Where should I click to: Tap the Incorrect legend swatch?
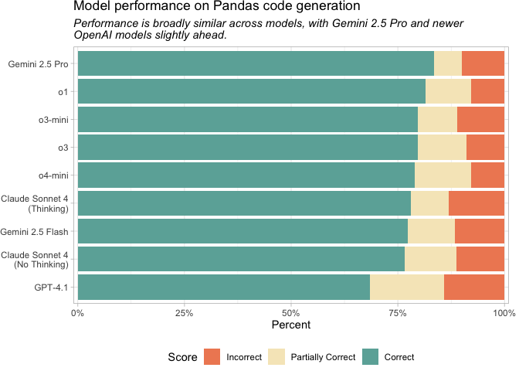tap(212, 356)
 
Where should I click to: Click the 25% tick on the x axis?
tap(184, 312)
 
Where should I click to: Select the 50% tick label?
tap(290, 312)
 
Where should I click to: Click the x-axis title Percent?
tap(290, 325)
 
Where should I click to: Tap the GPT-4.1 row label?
tap(53, 287)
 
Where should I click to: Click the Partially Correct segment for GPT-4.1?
tap(407, 287)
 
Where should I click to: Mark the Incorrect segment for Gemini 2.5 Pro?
tap(483, 63)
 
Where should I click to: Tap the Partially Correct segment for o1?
tap(448, 91)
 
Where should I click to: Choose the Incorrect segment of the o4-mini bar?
tap(487, 175)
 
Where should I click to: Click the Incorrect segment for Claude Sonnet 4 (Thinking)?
tap(476, 203)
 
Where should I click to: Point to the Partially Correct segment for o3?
tap(442, 147)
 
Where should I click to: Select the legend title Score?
tap(182, 356)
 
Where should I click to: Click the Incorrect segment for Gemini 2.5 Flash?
tap(479, 231)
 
